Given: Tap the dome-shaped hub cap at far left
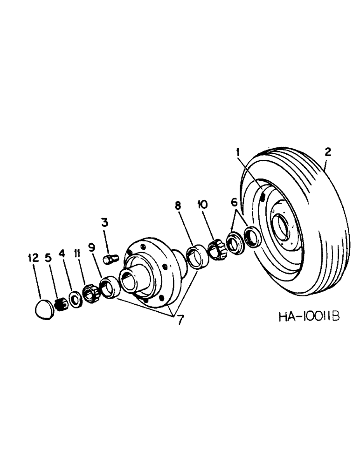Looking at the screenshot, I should click(46, 309).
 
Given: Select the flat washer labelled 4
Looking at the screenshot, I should click(74, 298).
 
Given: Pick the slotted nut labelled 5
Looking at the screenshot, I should click(60, 304).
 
